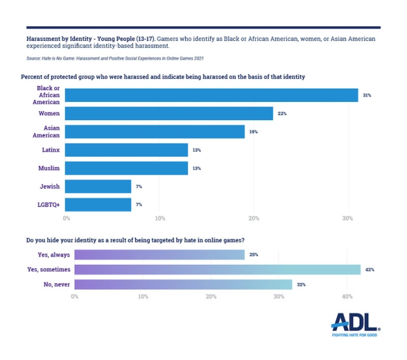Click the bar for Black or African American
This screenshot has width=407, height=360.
pos(212,95)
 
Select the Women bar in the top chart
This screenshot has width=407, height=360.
pos(169,114)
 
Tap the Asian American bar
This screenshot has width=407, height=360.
pos(155,131)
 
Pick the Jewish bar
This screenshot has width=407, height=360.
pos(98,187)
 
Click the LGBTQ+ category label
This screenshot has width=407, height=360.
pos(49,205)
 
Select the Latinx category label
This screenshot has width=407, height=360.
pos(50,150)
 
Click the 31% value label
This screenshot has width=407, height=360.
pos(367,95)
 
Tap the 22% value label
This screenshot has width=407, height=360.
pos(282,114)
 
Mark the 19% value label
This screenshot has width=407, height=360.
pos(253,132)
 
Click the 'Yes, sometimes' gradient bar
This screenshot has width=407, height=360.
pos(217,269)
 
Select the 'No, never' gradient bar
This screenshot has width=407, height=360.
pos(183,284)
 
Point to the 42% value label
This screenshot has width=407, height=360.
pos(370,269)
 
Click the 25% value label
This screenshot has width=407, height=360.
pos(253,254)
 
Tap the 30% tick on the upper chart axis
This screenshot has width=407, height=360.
pos(348,218)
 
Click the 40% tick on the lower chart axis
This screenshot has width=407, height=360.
pos(348,297)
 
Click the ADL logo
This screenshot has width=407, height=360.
pos(355,324)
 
